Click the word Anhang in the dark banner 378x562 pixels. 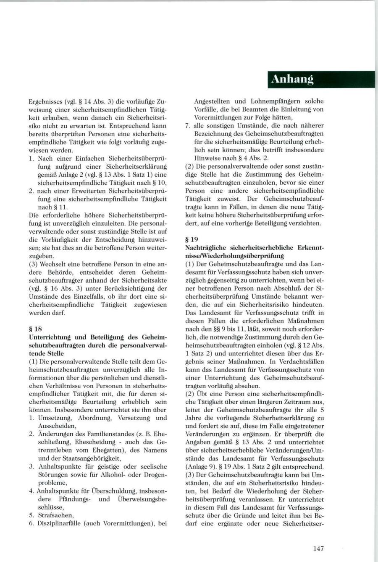(x=292, y=80)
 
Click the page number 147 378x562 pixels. (x=318, y=549)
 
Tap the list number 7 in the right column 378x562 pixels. (x=187, y=125)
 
